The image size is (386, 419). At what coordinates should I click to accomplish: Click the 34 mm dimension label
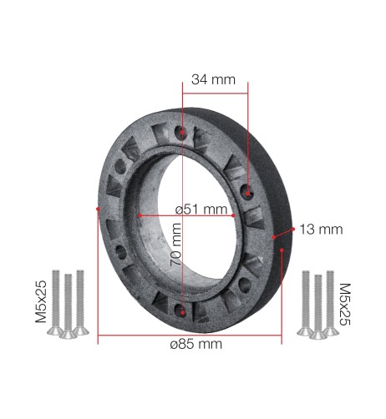(x=214, y=80)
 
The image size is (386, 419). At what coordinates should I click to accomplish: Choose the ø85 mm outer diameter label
(x=190, y=343)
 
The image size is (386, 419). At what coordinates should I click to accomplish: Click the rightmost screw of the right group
(x=330, y=302)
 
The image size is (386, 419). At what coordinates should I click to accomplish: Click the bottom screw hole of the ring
(x=182, y=310)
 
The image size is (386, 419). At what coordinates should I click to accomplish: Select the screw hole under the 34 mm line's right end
(x=248, y=192)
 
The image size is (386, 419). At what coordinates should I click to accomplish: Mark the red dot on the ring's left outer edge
(x=99, y=209)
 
